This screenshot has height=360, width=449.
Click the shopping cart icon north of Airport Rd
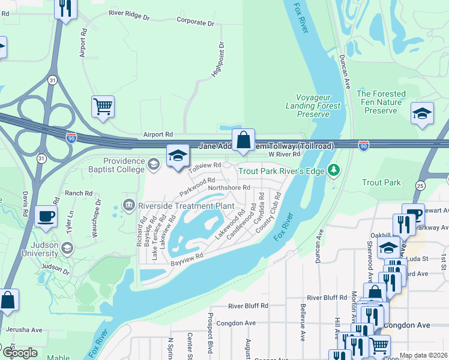103,107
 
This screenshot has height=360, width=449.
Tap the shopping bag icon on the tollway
243,140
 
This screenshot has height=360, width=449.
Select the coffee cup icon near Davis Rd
46,217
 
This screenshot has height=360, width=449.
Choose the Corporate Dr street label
195,22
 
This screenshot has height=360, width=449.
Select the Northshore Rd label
229,187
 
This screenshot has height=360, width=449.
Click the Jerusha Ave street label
25,329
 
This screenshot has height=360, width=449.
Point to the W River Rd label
283,154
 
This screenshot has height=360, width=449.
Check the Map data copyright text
424,355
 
